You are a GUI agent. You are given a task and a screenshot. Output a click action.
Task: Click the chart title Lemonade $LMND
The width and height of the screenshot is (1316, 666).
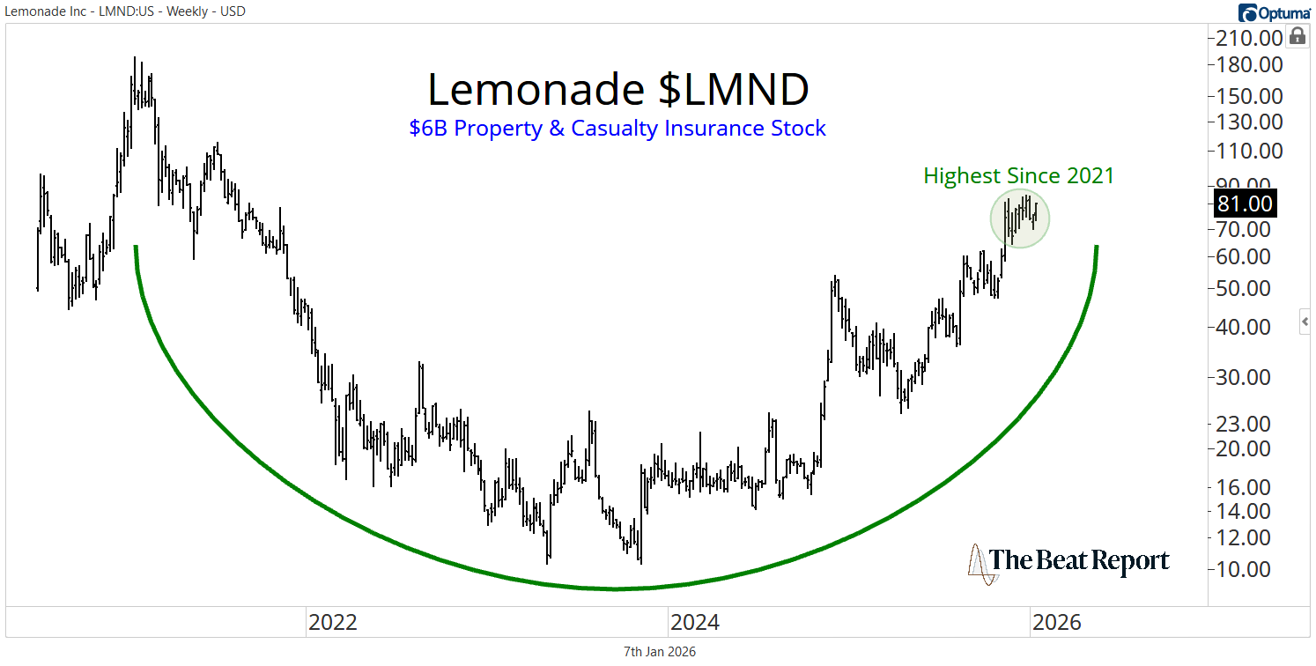(617, 89)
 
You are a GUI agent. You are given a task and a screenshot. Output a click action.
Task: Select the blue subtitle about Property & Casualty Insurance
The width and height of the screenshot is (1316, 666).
(617, 129)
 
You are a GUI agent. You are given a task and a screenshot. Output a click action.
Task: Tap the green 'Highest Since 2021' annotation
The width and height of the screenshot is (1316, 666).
(1018, 176)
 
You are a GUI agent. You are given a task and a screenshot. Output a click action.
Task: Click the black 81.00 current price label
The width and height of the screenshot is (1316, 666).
(1245, 203)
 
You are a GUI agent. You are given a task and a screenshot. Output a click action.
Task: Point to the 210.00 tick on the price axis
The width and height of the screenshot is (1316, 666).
(1245, 38)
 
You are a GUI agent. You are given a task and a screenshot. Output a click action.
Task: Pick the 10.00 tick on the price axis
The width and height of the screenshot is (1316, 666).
(1245, 569)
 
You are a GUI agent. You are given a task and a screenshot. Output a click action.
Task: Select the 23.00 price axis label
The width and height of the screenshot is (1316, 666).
(1245, 424)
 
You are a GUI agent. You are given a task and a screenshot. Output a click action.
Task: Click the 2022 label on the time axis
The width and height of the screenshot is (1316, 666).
(332, 623)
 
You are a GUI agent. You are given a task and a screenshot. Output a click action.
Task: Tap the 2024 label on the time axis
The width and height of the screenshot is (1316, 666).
(694, 623)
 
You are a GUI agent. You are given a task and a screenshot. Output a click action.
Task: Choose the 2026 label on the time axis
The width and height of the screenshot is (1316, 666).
(1056, 623)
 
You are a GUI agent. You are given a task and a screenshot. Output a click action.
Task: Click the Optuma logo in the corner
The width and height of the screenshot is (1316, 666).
(1274, 12)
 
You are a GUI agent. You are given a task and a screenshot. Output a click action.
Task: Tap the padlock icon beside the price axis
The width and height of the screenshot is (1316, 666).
(1298, 36)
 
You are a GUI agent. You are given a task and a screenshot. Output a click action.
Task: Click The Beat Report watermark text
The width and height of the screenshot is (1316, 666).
(1079, 561)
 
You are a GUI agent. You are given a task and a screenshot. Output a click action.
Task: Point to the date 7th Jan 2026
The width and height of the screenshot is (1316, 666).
(659, 652)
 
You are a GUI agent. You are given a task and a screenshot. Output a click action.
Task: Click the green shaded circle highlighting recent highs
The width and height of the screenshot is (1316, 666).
(1020, 218)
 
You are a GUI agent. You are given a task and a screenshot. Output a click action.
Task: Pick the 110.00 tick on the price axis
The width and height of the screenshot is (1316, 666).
(1245, 151)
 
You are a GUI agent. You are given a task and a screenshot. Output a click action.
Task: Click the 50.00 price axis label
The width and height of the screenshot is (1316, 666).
(1245, 288)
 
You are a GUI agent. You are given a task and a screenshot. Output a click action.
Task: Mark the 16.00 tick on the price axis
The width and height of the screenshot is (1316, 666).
(1245, 487)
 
